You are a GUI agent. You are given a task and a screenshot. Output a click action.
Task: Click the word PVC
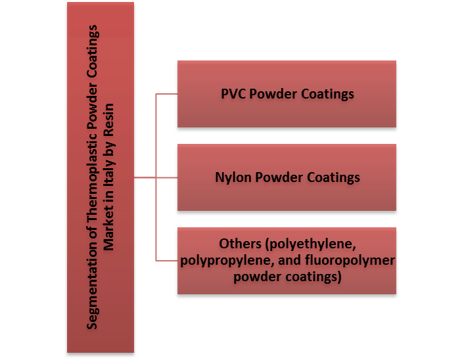tap(233, 93)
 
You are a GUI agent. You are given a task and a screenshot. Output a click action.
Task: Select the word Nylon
tap(231, 177)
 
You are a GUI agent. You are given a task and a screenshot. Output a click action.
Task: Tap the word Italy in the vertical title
tap(109, 172)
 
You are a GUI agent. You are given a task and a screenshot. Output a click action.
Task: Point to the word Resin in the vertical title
tap(109, 118)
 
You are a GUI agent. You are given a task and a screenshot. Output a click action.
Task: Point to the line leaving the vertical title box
tap(145, 177)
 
